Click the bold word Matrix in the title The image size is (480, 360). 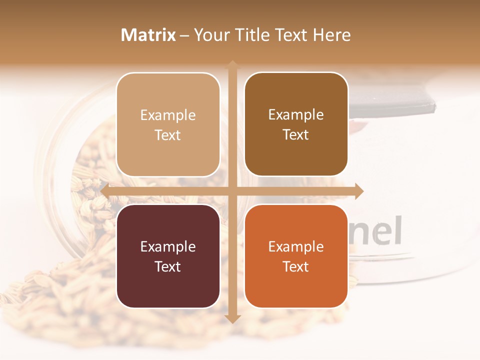point(148,35)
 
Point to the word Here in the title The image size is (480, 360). point(332,35)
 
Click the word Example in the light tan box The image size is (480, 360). point(168,115)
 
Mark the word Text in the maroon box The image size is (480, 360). point(168,266)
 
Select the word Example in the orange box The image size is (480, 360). point(296,246)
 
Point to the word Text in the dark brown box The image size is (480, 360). point(296,135)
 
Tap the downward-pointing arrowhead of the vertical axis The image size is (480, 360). point(232,318)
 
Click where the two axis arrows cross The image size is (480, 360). point(232,191)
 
